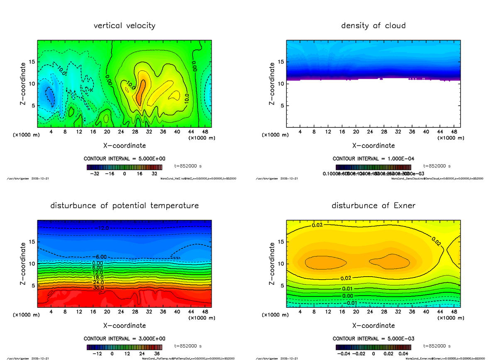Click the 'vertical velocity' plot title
click(x=124, y=26)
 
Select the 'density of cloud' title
click(x=373, y=26)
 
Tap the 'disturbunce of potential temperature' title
click(x=124, y=206)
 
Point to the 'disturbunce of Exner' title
click(x=373, y=206)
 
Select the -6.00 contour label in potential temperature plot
click(x=102, y=257)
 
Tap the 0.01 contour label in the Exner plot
click(x=347, y=289)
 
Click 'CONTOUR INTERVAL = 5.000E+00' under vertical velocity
click(x=124, y=159)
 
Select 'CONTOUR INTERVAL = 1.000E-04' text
click(x=373, y=159)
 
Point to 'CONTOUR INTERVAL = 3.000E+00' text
click(x=124, y=338)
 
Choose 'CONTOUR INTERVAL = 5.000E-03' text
click(x=373, y=338)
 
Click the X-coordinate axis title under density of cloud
click(x=373, y=146)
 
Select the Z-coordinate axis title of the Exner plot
click(x=272, y=264)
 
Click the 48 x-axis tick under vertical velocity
click(x=205, y=132)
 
